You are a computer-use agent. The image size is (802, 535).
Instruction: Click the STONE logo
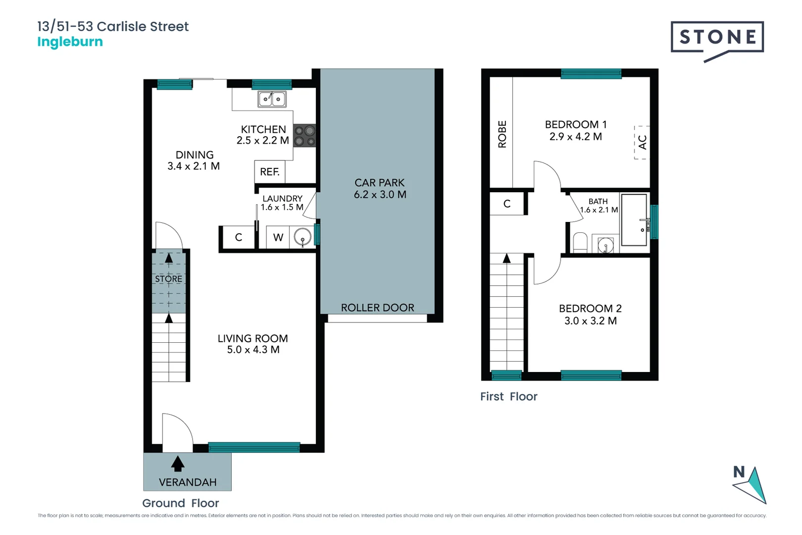point(717,38)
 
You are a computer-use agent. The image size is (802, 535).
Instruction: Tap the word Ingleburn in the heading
point(70,42)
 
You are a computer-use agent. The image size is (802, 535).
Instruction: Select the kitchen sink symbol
point(272,99)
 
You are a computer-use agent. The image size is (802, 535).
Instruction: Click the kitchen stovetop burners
point(304,136)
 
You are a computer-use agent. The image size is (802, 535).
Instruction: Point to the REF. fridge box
point(270,172)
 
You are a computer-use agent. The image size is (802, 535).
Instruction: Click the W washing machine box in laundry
point(278,237)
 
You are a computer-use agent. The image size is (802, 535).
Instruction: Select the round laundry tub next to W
point(302,238)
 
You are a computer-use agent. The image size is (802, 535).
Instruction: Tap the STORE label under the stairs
point(168,279)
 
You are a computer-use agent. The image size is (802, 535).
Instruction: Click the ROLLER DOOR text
point(377,308)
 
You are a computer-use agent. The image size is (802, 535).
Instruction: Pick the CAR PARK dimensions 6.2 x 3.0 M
point(380,195)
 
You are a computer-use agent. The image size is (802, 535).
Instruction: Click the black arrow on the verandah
point(178,464)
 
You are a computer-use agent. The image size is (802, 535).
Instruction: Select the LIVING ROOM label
point(252,338)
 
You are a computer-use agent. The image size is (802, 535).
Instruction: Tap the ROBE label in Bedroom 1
point(502,134)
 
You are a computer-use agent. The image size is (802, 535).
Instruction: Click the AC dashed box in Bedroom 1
point(642,143)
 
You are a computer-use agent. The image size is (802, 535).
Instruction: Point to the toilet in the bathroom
point(580,243)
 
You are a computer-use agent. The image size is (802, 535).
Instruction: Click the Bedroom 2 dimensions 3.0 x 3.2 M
point(590,321)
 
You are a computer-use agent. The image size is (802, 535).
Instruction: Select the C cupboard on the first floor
point(506,204)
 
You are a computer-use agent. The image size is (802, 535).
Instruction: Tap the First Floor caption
point(508,396)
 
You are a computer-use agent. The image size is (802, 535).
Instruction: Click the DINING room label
point(195,155)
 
